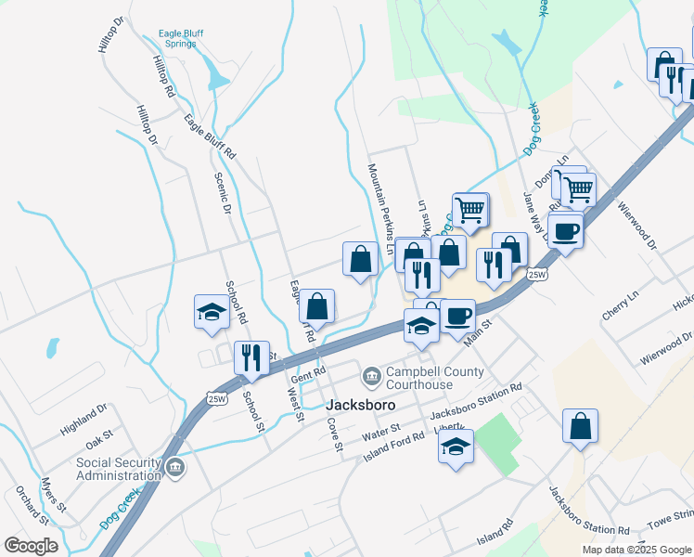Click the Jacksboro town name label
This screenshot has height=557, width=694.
361,406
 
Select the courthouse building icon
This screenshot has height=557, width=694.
371,376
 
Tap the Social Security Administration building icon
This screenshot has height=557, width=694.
176,467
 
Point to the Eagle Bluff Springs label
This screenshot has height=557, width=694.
181,39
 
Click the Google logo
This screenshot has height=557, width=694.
31,546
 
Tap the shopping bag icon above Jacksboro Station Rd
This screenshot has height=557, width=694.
580,427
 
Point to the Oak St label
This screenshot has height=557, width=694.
100,434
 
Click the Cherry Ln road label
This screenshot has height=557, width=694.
621,304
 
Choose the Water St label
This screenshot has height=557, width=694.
380,432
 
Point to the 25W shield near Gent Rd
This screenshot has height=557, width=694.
217,398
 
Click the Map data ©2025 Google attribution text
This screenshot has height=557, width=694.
636,550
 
